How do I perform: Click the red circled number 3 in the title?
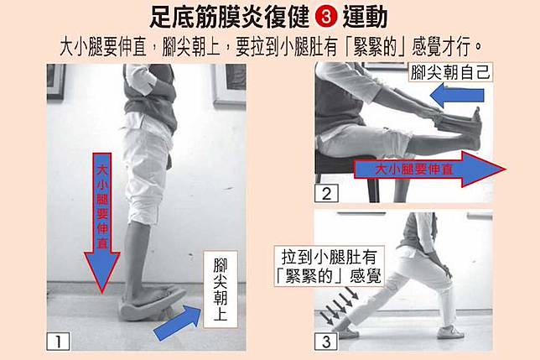click(x=326, y=18)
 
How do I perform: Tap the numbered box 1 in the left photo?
click(x=58, y=341)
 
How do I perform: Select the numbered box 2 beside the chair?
click(x=326, y=194)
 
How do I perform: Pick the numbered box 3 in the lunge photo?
click(x=326, y=342)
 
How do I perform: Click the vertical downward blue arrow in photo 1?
click(x=102, y=223)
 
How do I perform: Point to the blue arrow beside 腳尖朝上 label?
click(x=178, y=322)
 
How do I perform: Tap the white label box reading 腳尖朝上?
click(x=221, y=290)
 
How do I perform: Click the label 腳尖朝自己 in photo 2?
click(x=450, y=72)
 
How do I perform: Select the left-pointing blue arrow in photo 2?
click(x=457, y=96)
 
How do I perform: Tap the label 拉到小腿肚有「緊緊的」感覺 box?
click(x=330, y=266)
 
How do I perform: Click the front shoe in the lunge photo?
click(x=450, y=332)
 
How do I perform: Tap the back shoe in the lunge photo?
click(x=346, y=331)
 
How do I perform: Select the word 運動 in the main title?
click(x=365, y=18)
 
